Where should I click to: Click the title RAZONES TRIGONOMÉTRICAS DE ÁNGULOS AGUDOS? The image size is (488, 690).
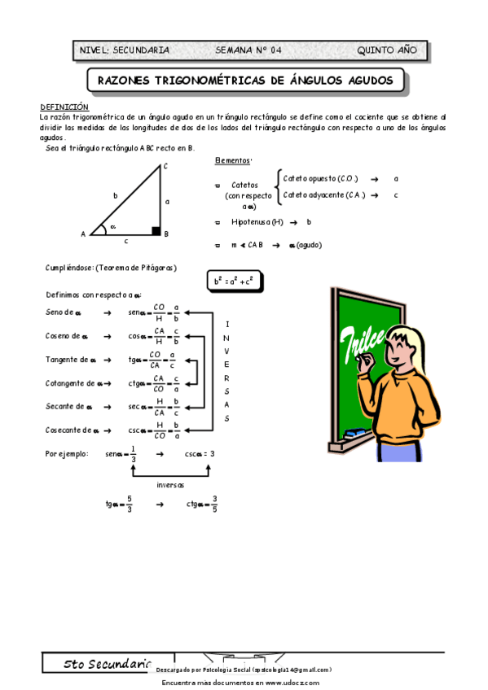click(x=245, y=81)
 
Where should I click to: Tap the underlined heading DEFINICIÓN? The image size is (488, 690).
click(x=64, y=107)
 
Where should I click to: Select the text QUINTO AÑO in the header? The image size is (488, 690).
click(x=387, y=50)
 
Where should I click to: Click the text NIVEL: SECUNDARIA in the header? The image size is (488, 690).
click(x=125, y=50)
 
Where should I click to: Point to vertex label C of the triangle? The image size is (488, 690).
click(x=165, y=167)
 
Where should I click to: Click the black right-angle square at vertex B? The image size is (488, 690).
click(x=156, y=231)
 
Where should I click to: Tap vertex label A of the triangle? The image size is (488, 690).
click(x=83, y=234)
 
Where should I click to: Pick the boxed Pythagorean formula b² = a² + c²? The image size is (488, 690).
click(x=234, y=282)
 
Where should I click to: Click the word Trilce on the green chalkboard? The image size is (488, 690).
click(x=359, y=338)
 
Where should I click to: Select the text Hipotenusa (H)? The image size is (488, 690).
click(x=257, y=221)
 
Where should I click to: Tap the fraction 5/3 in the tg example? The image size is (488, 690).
click(x=129, y=504)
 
